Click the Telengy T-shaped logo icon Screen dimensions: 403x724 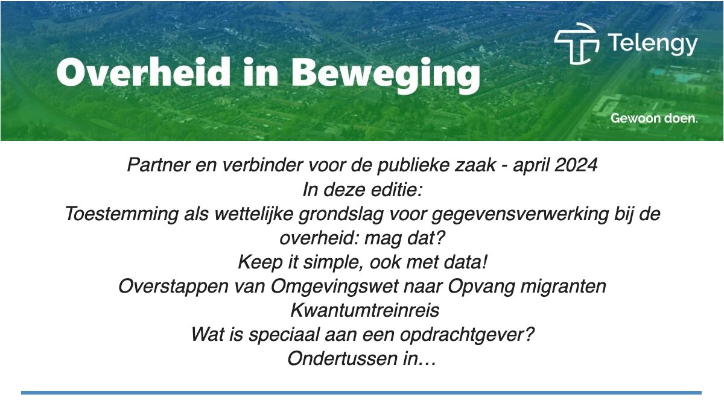tap(576, 44)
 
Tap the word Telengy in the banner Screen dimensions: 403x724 tap(652, 44)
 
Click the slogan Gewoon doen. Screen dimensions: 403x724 tap(654, 119)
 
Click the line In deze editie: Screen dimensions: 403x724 tap(362, 189)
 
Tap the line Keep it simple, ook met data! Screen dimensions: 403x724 tap(362, 262)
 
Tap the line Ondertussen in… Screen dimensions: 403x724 tap(362, 358)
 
